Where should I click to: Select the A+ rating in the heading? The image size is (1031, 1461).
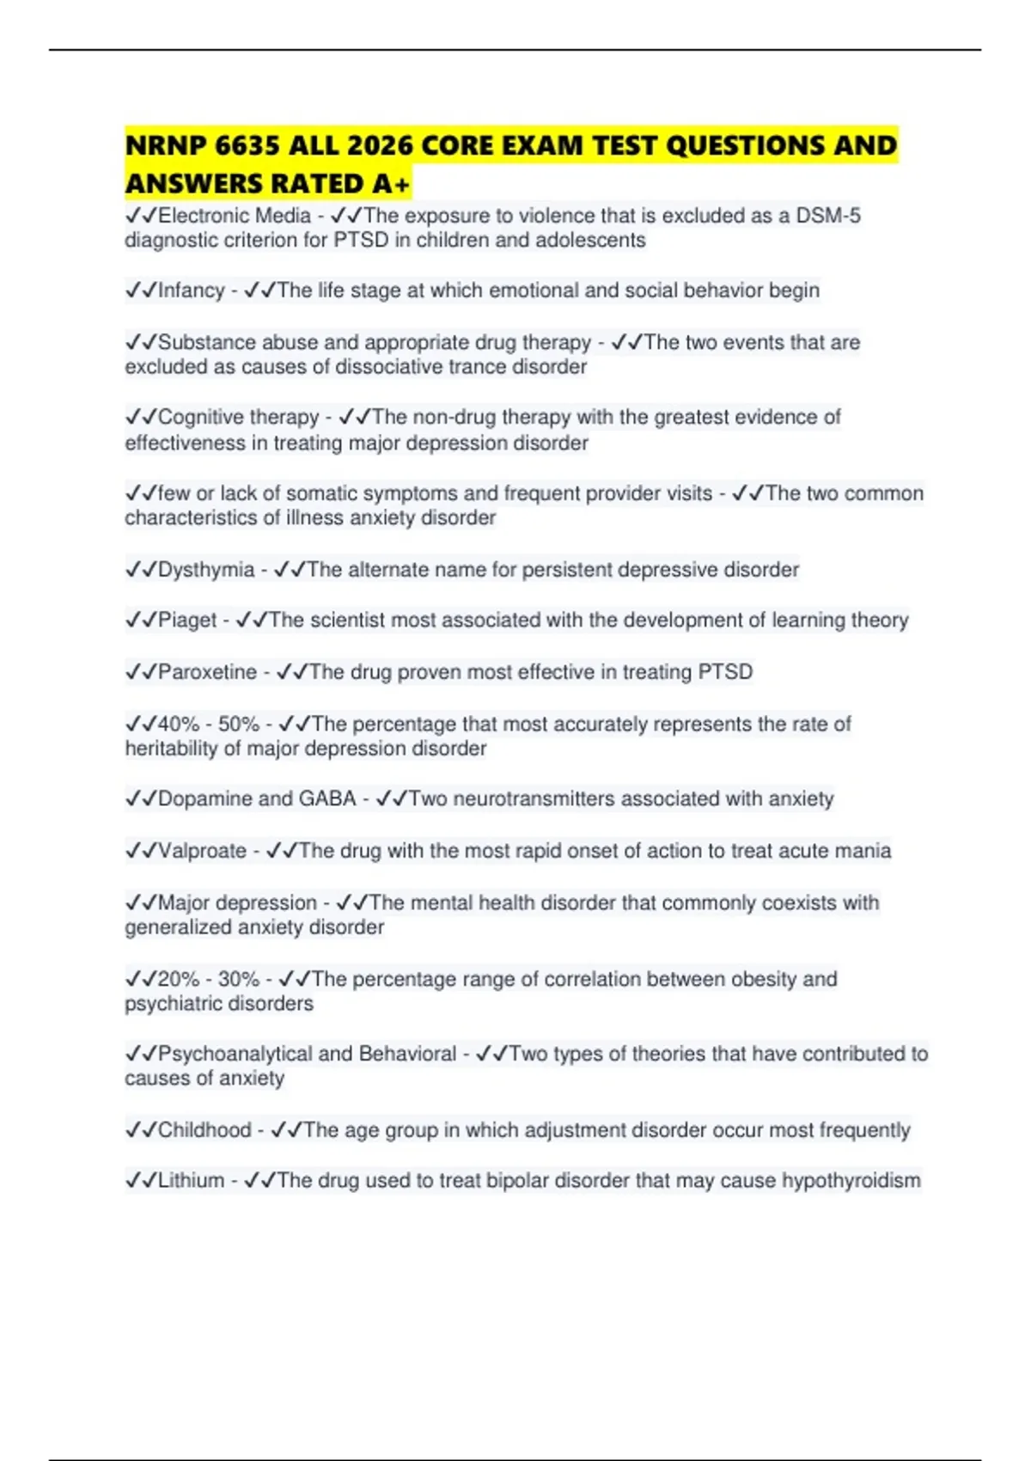(392, 184)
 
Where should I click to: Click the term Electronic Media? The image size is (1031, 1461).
(234, 216)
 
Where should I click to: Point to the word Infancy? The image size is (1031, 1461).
(191, 290)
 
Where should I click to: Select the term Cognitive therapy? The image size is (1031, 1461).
(238, 418)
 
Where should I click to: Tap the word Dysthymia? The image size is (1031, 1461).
(206, 570)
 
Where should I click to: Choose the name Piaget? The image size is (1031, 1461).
(187, 620)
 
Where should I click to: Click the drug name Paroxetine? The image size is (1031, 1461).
(207, 672)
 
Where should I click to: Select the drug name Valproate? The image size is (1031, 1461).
(202, 851)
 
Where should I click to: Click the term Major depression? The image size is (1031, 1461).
(237, 903)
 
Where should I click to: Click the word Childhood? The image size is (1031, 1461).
(204, 1130)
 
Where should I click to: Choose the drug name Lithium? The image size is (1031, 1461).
(191, 1181)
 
